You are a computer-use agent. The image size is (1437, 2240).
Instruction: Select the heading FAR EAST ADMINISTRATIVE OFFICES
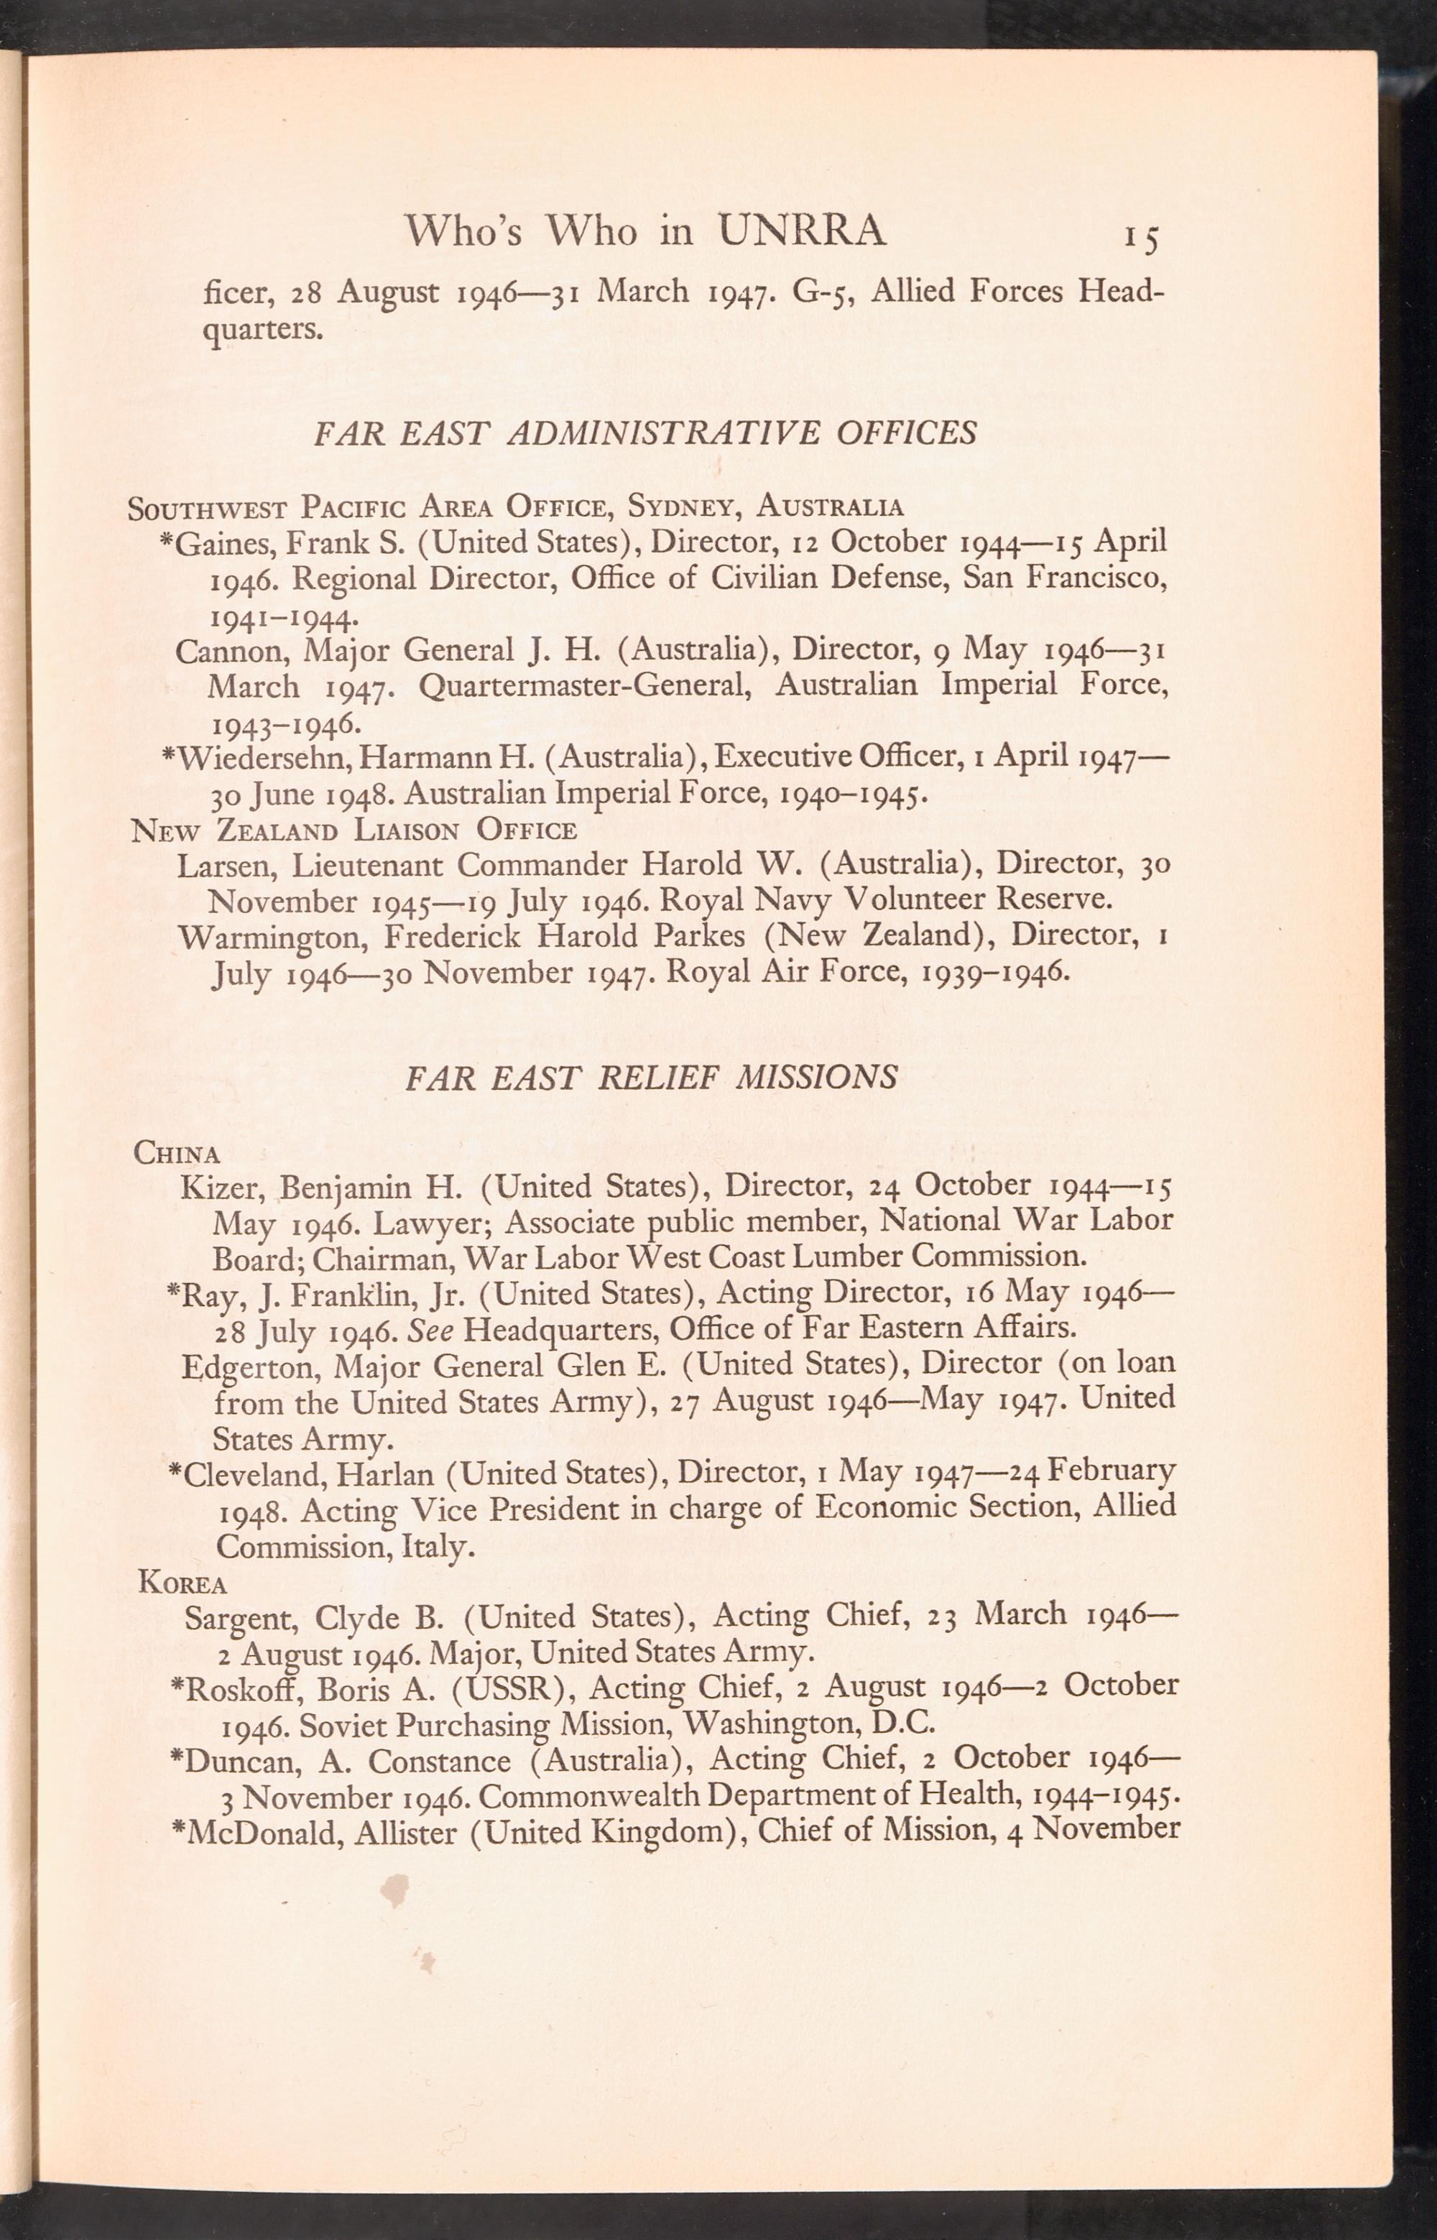(646, 433)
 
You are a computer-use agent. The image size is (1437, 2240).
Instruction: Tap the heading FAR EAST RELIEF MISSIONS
(651, 1078)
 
